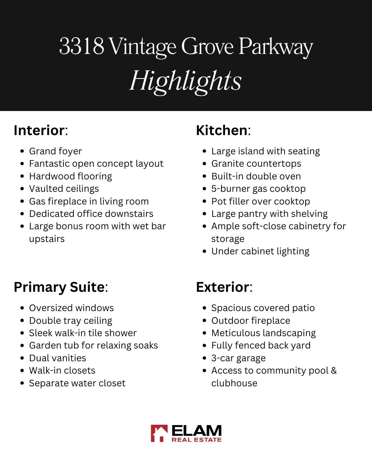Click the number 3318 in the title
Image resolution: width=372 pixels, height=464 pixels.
point(82,46)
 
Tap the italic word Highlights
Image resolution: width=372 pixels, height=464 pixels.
point(186,81)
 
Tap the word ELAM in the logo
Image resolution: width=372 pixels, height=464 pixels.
point(196,430)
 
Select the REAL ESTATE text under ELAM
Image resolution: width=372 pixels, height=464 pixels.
point(196,440)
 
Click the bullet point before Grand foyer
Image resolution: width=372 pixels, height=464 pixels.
point(22,151)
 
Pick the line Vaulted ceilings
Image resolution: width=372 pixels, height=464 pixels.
point(64,189)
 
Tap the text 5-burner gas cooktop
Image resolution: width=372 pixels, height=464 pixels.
point(258,189)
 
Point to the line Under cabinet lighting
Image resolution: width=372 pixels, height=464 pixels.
point(260,251)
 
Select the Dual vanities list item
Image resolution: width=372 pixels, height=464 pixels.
point(58,358)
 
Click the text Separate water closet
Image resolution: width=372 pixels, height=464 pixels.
point(77,383)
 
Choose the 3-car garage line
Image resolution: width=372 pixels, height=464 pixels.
point(238,358)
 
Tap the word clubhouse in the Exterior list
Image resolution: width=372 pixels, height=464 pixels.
point(234,383)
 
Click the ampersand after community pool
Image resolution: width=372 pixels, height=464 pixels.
point(333,371)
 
